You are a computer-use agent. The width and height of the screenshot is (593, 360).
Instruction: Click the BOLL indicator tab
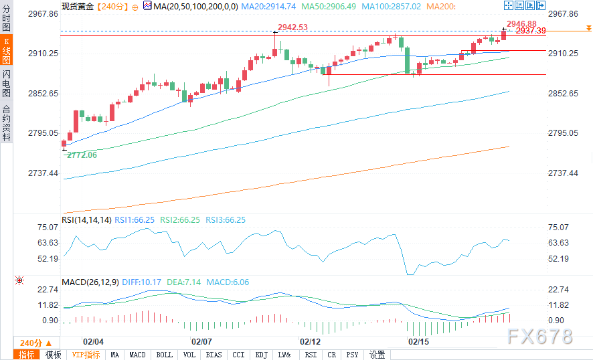coord(163,355)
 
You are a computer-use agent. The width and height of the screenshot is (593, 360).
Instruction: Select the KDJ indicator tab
coord(261,355)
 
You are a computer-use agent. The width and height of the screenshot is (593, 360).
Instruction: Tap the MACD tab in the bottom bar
coord(137,355)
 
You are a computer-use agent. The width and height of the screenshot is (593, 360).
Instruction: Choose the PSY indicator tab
coord(353,355)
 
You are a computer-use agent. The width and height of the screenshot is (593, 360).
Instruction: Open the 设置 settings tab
coord(377,355)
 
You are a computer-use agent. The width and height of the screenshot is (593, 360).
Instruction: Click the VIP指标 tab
coord(86,355)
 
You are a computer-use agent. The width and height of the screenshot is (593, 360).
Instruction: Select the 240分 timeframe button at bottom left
coord(31,343)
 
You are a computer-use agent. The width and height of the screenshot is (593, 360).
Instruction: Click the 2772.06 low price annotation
coord(82,155)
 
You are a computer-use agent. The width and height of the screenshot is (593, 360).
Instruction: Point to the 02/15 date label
coord(419,342)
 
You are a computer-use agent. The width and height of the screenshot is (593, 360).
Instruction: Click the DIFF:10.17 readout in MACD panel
coord(142,282)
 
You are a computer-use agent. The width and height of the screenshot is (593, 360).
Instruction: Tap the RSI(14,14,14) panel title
coord(86,219)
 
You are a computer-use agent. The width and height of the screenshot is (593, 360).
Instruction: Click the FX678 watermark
coord(540,336)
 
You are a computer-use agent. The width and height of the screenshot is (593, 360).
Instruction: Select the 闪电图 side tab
coord(6,82)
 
